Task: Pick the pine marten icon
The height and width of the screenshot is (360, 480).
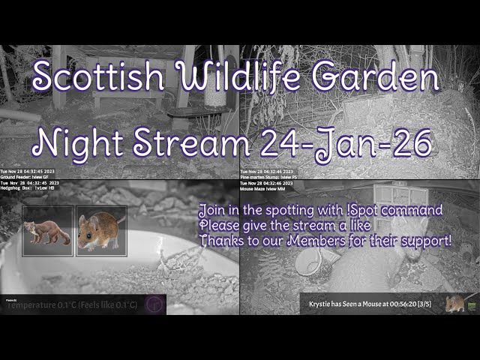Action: (47, 231)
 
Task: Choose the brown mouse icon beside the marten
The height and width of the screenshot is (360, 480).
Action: (101, 231)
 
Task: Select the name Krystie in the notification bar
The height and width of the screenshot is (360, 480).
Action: (325, 304)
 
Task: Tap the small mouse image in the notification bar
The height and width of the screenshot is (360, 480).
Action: (455, 303)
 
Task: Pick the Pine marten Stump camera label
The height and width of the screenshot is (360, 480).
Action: (268, 177)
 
